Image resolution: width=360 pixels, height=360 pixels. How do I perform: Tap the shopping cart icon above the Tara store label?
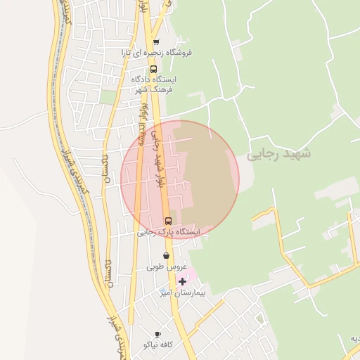(156, 41)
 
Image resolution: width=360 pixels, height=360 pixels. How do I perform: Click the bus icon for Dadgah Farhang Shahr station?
(153, 70)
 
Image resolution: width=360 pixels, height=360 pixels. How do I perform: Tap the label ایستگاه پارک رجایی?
(169, 231)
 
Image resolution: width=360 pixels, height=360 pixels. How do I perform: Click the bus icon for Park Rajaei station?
(167, 221)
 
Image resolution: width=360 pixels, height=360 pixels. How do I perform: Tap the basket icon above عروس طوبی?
(166, 256)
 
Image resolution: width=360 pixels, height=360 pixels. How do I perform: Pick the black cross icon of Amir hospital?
(183, 281)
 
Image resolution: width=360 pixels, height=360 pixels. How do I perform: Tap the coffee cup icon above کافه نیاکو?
(157, 334)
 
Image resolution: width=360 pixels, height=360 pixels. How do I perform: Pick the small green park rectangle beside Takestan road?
(108, 97)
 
